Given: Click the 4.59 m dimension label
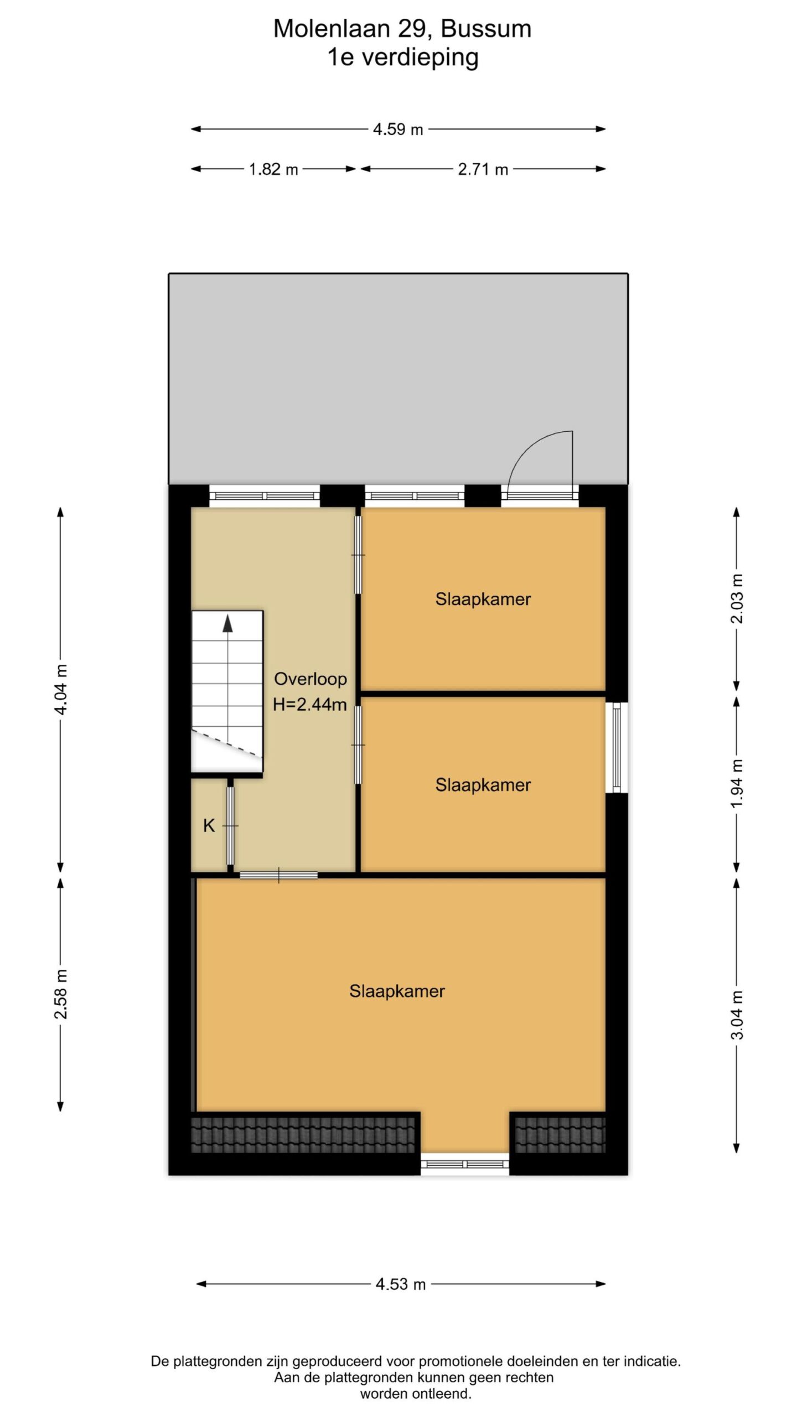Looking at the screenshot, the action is click(398, 130).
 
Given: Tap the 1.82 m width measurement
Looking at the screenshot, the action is click(273, 169).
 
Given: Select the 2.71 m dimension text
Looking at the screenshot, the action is click(483, 169).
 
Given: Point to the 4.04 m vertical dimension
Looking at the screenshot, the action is click(61, 690).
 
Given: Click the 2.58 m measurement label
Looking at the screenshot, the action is click(61, 994).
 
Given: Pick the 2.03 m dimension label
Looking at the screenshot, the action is click(737, 598).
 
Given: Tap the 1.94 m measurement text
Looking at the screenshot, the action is click(737, 784).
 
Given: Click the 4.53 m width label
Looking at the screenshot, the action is click(401, 1284).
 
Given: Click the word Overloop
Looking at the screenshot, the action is click(310, 679).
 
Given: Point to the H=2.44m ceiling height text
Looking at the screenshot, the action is click(310, 705).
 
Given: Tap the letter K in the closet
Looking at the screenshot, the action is click(209, 826).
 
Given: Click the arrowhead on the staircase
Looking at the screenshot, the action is click(227, 623).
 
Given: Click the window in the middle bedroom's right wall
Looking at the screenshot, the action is click(617, 747).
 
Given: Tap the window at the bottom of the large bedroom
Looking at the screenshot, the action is click(465, 1164).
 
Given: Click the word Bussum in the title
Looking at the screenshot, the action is click(486, 29).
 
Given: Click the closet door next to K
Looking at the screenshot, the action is click(230, 825).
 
